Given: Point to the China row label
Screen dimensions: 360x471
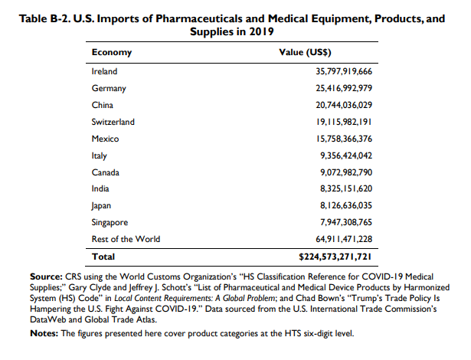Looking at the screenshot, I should (102, 104).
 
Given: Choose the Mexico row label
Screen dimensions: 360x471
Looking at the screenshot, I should (105, 138).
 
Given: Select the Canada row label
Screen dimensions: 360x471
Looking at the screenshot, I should (105, 172).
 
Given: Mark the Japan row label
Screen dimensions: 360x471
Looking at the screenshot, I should (103, 205).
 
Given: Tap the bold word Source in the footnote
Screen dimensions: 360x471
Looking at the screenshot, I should (44, 275).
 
